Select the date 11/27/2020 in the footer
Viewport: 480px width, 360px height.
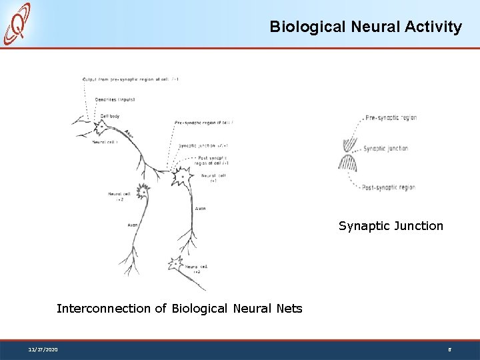point(43,349)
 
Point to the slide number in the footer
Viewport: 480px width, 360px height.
point(449,349)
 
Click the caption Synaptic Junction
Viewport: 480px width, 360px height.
point(391,226)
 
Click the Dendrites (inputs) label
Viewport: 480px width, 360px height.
point(115,99)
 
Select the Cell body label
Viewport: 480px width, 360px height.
point(111,116)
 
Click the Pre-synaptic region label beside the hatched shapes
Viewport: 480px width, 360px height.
point(391,118)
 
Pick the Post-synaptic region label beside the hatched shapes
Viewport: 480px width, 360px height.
point(389,187)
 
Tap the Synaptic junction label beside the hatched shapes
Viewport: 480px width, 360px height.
point(386,149)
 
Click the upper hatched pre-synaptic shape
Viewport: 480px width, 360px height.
point(349,143)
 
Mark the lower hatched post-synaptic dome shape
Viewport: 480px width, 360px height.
point(349,161)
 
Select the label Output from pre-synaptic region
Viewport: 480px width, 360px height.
point(131,79)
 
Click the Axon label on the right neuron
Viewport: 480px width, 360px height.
point(201,209)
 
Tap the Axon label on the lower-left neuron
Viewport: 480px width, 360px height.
point(133,225)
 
